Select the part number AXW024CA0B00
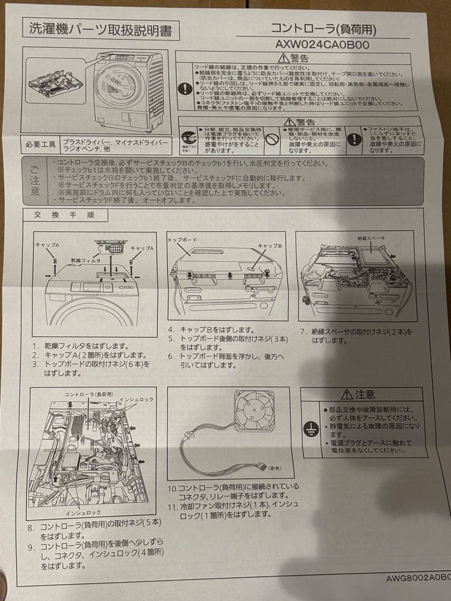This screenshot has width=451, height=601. [x=322, y=44]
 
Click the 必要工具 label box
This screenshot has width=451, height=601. [x=41, y=145]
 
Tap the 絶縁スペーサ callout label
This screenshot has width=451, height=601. [x=371, y=238]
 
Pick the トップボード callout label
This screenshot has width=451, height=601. [x=183, y=239]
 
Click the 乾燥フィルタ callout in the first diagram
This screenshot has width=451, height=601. [x=85, y=260]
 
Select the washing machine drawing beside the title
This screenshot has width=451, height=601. [x=129, y=92]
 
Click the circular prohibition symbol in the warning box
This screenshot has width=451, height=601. [x=271, y=139]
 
